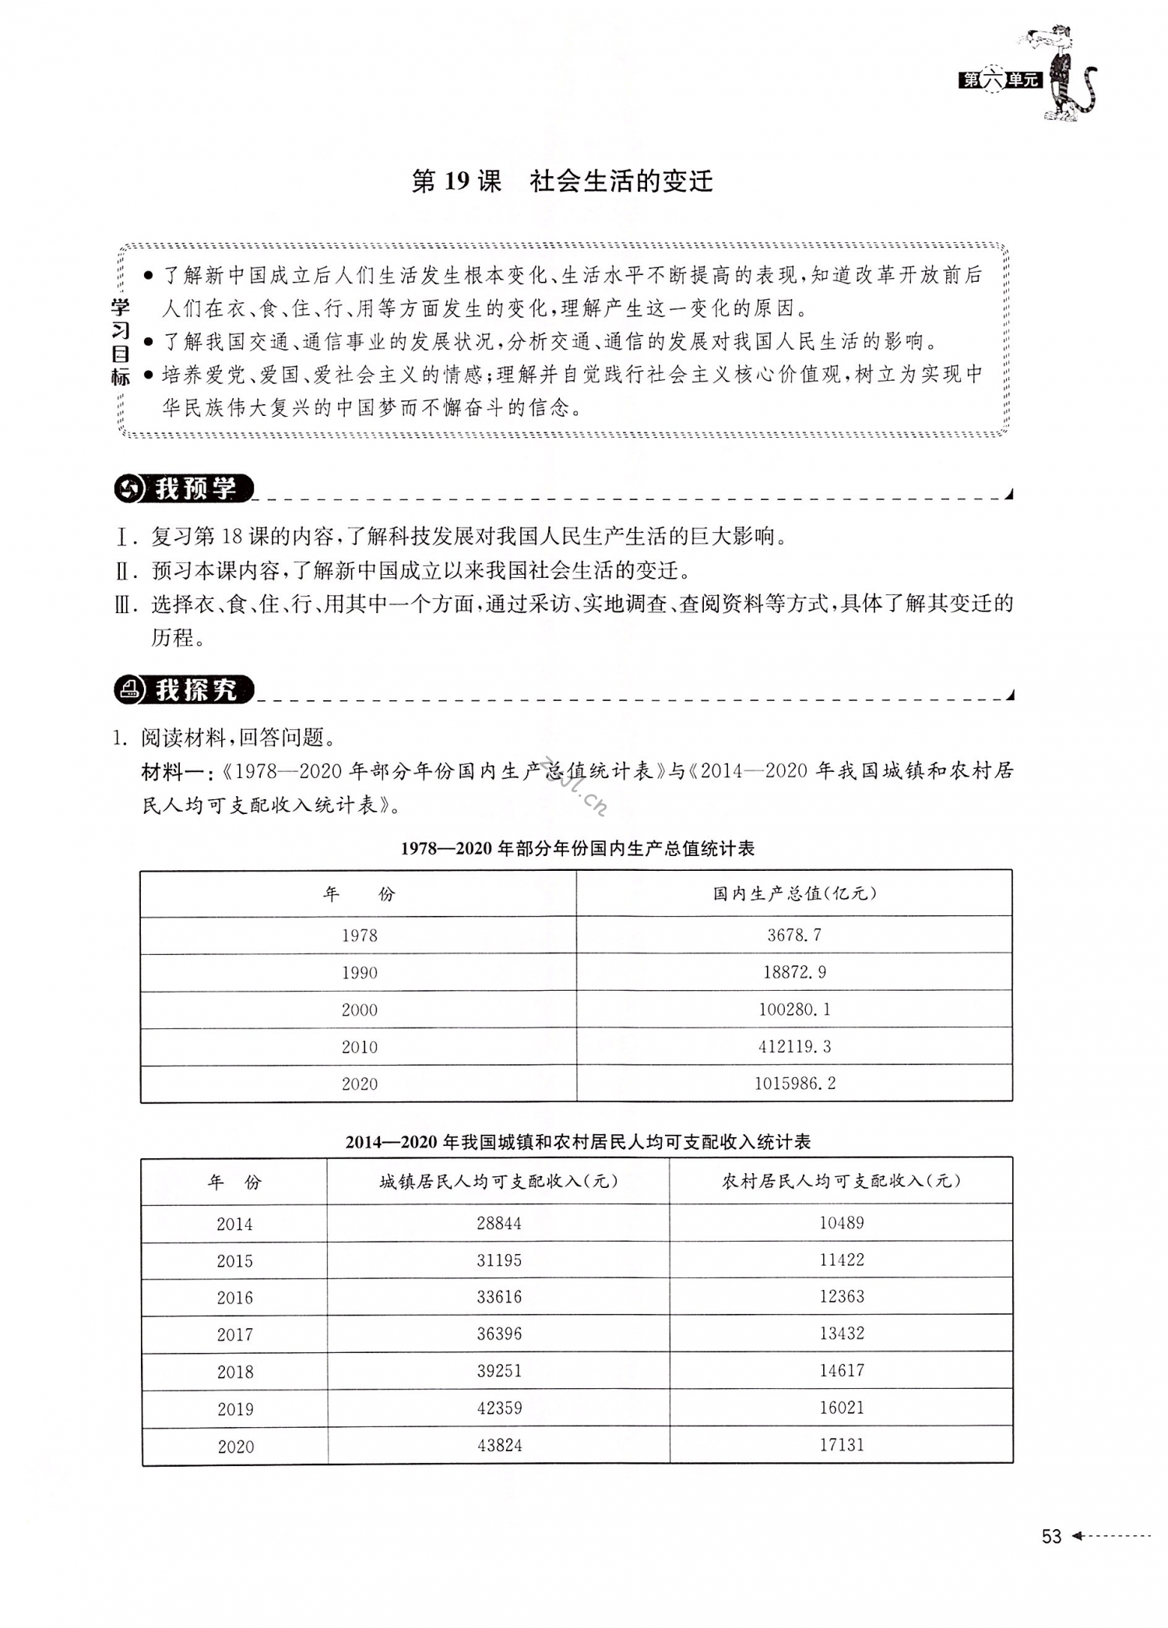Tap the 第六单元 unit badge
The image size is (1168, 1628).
point(999,79)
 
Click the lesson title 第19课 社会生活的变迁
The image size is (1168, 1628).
point(561,181)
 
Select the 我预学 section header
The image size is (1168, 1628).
point(185,488)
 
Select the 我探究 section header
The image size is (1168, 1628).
point(185,689)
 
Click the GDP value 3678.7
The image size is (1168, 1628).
point(793,935)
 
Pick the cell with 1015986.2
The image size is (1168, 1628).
point(794,1084)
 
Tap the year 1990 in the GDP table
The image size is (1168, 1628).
point(359,973)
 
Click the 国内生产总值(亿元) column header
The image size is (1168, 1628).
point(794,893)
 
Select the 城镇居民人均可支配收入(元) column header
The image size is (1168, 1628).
point(498,1182)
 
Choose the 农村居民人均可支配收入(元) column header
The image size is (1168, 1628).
point(841,1181)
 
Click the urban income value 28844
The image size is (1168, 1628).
point(498,1224)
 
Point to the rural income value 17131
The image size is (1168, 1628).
point(841,1445)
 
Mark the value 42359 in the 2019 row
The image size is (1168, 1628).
point(498,1408)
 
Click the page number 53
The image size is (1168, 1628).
point(1051,1536)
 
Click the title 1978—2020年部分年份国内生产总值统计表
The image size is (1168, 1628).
point(577,848)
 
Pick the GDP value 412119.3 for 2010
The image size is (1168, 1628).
point(794,1047)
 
